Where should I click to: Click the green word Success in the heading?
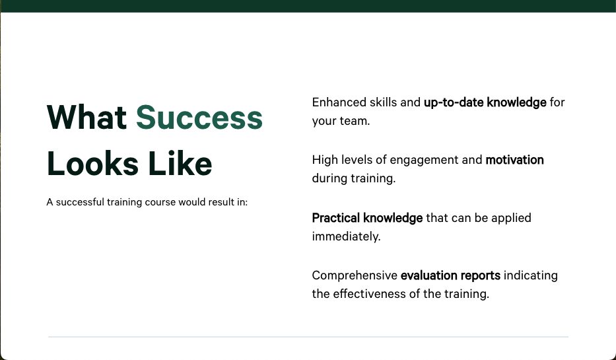point(199,117)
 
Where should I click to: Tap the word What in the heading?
point(86,117)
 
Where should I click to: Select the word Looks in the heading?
point(92,163)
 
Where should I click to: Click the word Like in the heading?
point(180,163)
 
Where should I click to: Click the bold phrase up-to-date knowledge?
point(485,102)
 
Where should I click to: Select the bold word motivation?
point(514,160)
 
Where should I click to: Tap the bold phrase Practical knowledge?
point(367,218)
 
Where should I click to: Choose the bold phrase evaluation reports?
point(450,275)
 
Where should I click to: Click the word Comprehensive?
point(355,275)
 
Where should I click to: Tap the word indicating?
point(530,275)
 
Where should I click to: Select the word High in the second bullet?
point(325,160)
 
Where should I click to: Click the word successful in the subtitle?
point(80,202)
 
